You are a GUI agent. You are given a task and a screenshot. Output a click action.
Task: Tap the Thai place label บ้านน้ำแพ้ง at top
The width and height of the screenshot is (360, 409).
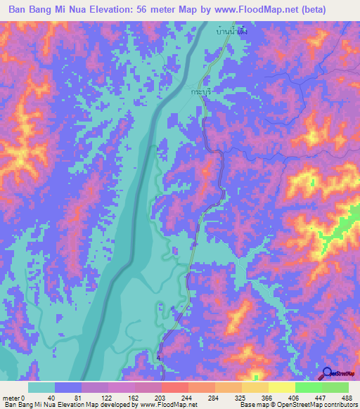click(233, 32)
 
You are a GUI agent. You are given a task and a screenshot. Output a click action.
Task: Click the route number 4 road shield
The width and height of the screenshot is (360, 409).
click(160, 359)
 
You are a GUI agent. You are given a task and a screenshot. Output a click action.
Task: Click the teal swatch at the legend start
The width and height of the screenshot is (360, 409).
click(41, 387)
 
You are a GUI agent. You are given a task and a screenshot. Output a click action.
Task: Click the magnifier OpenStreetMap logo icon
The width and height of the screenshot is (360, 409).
click(327, 373)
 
